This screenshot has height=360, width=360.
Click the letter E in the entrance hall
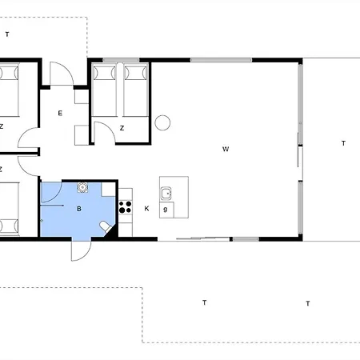pyautogui.click(x=60, y=113)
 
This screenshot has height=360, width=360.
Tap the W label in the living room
pyautogui.click(x=226, y=149)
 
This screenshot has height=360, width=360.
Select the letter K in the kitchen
pyautogui.click(x=146, y=209)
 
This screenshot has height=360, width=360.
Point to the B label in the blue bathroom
pyautogui.click(x=79, y=209)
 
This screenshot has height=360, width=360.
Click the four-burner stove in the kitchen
pyautogui.click(x=126, y=207)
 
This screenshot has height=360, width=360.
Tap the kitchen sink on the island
pyautogui.click(x=166, y=193)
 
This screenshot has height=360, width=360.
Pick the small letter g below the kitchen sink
pyautogui.click(x=166, y=209)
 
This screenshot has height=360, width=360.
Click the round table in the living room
pyautogui.click(x=162, y=122)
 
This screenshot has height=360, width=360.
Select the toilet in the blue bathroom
pyautogui.click(x=106, y=227)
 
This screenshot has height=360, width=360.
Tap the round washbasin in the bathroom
pyautogui.click(x=82, y=187)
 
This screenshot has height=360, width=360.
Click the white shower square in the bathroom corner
pyautogui.click(x=108, y=190)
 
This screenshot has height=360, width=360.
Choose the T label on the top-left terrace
pyautogui.click(x=7, y=34)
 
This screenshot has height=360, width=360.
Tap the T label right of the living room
pyautogui.click(x=343, y=143)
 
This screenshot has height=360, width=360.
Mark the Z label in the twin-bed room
pyautogui.click(x=122, y=128)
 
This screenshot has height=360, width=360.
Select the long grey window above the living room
pyautogui.click(x=221, y=60)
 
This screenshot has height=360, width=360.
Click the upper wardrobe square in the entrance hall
pyautogui.click(x=82, y=97)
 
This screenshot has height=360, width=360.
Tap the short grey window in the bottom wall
pyautogui.click(x=246, y=239)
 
